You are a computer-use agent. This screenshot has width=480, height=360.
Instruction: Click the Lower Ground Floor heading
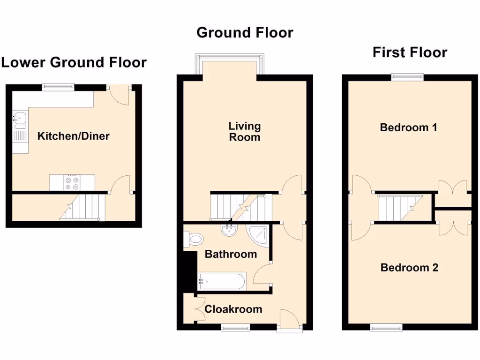[74, 62]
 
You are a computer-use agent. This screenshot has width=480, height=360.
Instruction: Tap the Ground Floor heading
[245, 33]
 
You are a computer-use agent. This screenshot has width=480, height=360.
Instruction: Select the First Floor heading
[410, 52]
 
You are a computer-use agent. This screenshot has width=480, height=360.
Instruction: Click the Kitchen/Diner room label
[74, 136]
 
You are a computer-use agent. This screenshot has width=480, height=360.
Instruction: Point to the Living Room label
[244, 132]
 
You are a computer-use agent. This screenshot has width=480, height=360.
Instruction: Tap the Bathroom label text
[231, 255]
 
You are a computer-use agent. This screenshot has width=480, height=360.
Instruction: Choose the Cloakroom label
[233, 309]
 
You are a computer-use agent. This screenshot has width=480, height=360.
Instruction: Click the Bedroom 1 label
[408, 127]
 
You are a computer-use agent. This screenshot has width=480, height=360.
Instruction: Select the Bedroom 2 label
[409, 268]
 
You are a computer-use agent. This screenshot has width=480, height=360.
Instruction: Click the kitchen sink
[20, 120]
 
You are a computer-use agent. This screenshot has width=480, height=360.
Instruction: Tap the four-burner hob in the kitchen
[72, 183]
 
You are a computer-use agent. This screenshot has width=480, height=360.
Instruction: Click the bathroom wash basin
[229, 230]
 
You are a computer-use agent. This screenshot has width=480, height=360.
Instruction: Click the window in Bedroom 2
[386, 327]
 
